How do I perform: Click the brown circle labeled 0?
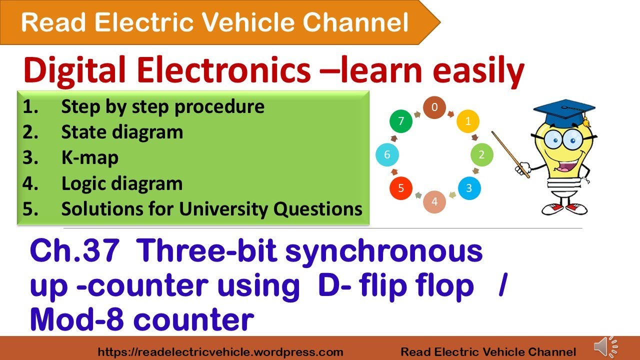point(434,107)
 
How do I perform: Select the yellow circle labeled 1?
point(468,121)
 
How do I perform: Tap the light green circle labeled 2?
point(481,154)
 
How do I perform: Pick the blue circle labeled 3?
point(468,188)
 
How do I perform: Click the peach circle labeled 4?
point(434,202)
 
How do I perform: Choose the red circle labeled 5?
point(401,188)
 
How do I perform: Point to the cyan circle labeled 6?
point(387,155)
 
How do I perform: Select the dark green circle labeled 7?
point(401,121)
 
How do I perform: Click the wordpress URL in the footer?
point(220,352)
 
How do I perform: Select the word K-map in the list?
point(90,158)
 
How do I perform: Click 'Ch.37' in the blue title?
point(74,252)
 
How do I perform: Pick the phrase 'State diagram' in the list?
point(122,132)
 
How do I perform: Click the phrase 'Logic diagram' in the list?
point(121,184)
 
